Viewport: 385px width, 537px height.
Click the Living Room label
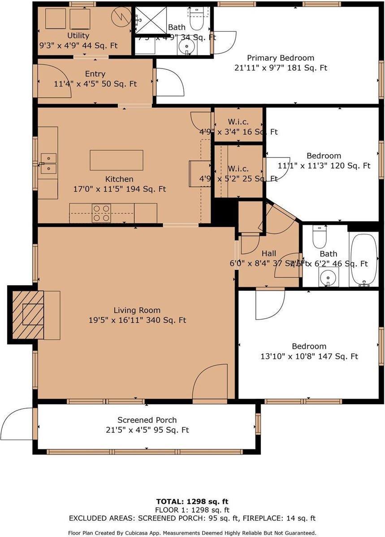coord(137,310)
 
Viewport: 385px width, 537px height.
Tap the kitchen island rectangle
coord(117,160)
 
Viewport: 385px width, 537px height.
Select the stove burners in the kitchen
coord(101,213)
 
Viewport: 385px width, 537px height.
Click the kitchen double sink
coord(48,163)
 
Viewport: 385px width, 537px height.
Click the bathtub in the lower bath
coord(363,260)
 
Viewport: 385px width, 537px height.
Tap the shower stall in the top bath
coord(151,21)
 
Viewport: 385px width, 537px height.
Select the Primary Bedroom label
coord(281,58)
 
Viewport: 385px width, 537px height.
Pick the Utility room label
coord(78,35)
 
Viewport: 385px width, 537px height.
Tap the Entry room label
coord(95,74)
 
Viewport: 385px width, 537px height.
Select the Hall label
coord(269,253)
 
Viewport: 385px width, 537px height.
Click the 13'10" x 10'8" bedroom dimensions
coord(309,357)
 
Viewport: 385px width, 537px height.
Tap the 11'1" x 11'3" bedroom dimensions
coord(324,166)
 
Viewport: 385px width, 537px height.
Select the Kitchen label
coord(119,179)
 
